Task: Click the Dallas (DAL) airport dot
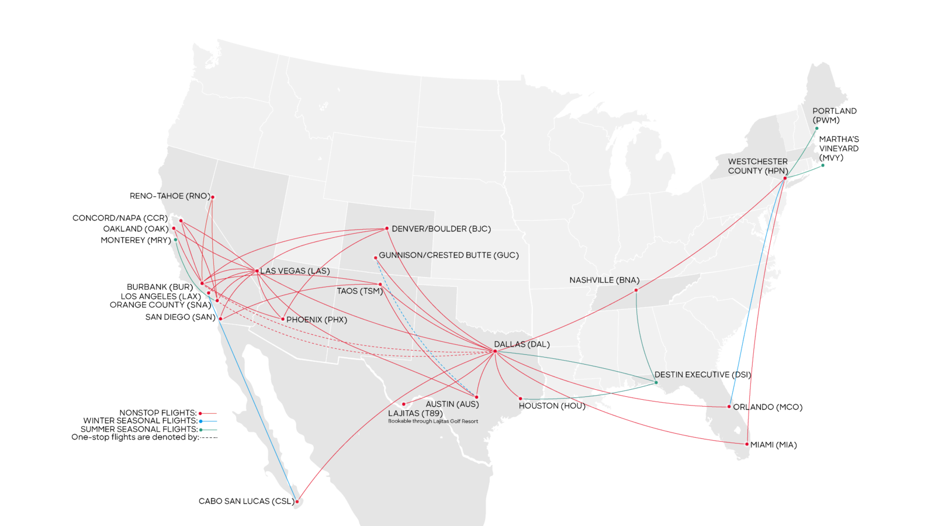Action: tap(495, 351)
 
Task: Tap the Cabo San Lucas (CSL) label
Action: tap(245, 501)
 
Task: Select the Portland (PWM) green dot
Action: tap(816, 129)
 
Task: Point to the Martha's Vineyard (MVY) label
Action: tap(839, 148)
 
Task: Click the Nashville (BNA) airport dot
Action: tap(636, 290)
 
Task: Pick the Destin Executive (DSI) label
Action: tap(702, 375)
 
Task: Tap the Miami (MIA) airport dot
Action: tap(747, 444)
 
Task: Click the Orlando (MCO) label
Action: tap(767, 407)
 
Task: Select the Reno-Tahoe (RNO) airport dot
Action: tap(213, 197)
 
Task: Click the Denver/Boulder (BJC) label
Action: tap(441, 229)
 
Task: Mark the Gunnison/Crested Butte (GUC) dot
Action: tap(376, 258)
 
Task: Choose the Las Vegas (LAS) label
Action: tap(295, 271)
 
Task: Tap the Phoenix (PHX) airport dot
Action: tap(283, 319)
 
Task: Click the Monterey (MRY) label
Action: tap(136, 240)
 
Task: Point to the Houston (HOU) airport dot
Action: tap(521, 399)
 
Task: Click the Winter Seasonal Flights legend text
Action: tap(140, 421)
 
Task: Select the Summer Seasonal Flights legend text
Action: tap(138, 429)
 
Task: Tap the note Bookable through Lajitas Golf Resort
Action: tap(432, 421)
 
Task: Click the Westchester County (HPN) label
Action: tap(757, 166)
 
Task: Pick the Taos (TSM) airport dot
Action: tap(380, 285)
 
